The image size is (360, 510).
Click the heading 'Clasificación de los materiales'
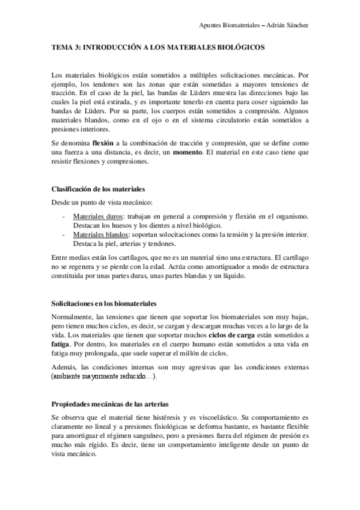point(97,189)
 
